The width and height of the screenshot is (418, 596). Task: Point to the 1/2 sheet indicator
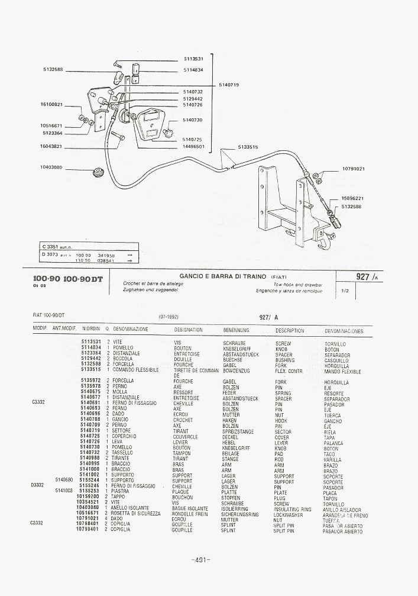click(345, 291)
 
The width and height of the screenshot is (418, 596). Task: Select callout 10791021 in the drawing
click(354, 169)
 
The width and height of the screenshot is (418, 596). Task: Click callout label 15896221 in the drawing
click(352, 198)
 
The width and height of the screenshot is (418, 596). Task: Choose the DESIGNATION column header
click(188, 330)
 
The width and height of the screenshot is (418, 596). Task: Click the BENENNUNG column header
click(236, 330)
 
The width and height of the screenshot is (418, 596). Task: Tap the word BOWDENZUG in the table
click(236, 371)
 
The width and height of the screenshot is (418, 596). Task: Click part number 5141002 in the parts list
click(91, 475)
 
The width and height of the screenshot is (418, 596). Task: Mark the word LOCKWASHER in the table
click(289, 514)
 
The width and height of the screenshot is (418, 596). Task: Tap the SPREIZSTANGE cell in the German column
click(238, 431)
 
